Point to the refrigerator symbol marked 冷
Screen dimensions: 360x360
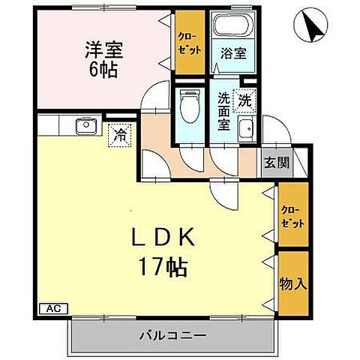point(119,136)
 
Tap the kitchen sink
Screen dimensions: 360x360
point(84,124)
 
